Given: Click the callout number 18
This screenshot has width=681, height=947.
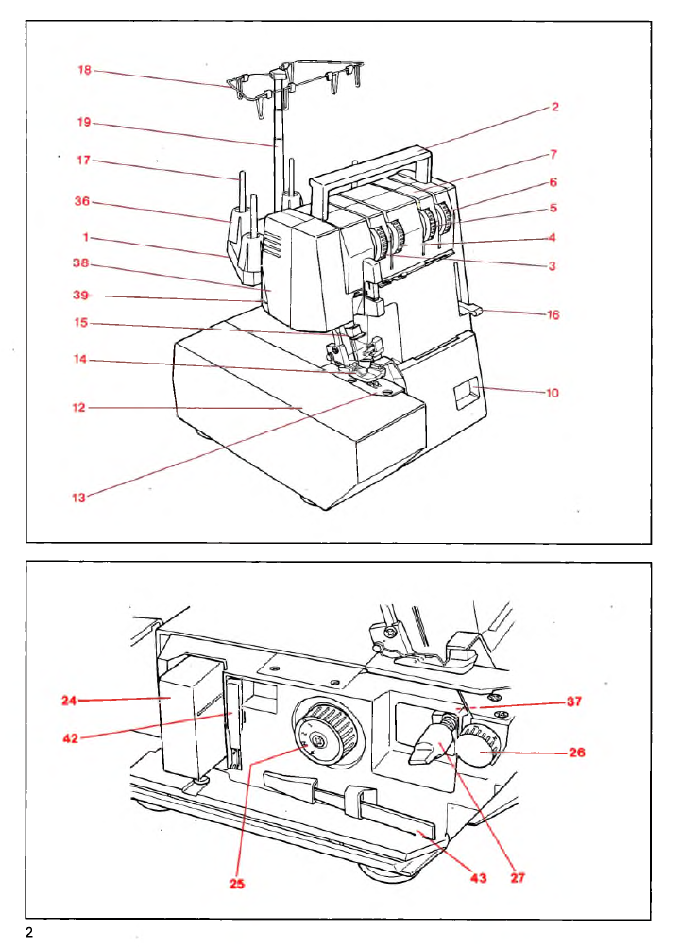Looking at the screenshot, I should click(x=83, y=71).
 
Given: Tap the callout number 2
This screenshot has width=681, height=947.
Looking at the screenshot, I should click(x=555, y=107).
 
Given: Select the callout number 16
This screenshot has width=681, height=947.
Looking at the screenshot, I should click(x=553, y=315).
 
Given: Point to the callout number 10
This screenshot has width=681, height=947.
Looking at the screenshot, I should click(x=553, y=392).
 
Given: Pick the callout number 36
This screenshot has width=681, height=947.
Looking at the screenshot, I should click(x=83, y=201).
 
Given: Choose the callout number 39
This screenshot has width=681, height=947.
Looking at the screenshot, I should click(x=83, y=296).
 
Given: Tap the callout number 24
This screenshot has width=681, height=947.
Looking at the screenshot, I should click(x=69, y=701).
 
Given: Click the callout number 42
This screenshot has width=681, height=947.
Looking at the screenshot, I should click(x=69, y=738).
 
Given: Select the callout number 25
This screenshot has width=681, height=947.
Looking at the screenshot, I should click(x=237, y=884).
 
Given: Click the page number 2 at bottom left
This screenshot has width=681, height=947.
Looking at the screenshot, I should click(x=29, y=933).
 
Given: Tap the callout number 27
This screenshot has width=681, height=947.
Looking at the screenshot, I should click(x=518, y=878).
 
